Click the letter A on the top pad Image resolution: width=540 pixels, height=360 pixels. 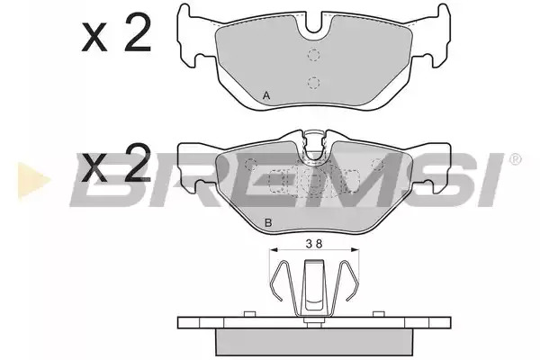[266, 95]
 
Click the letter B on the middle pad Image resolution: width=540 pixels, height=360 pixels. [268, 223]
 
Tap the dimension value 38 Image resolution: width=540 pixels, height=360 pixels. [314, 244]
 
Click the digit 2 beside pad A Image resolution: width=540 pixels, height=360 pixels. [138, 32]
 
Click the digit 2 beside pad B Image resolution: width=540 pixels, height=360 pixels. [138, 163]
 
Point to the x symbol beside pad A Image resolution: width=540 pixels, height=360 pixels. [94, 39]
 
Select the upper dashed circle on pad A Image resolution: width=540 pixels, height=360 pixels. [313, 55]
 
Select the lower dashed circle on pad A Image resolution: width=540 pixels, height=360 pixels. [313, 82]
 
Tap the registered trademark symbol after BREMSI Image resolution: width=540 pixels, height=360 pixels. [515, 160]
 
